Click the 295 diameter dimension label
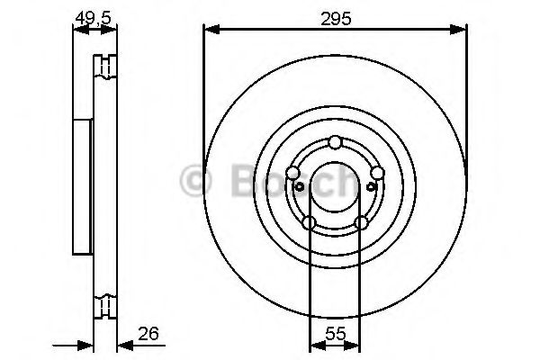pos(336,19)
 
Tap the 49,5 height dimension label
pos(94,17)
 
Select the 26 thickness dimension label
pos(148,334)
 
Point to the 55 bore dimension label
pos(335,334)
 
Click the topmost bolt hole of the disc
pos(335,142)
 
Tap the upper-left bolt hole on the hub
pos(293,172)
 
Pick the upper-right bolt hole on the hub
pos(377,172)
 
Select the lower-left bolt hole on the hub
pos(309,222)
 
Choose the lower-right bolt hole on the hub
pos(361,222)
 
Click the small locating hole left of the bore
pos(300,186)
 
